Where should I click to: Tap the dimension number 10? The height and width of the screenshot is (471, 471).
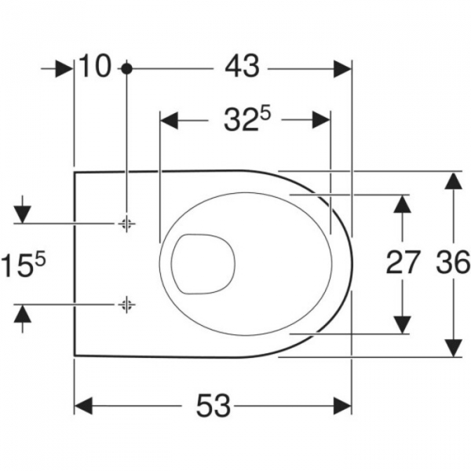(x=95, y=68)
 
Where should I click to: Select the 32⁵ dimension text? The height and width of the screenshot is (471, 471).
(x=243, y=121)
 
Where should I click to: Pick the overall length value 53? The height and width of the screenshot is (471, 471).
(x=213, y=406)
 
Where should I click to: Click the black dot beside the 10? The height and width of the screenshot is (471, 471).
(x=126, y=69)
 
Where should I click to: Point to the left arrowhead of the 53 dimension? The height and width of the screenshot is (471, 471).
(x=84, y=406)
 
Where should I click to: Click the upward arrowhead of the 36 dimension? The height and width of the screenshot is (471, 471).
(x=451, y=181)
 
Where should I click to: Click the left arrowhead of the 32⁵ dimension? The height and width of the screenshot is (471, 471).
(x=170, y=121)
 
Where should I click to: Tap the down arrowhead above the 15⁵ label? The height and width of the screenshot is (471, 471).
(x=23, y=213)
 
